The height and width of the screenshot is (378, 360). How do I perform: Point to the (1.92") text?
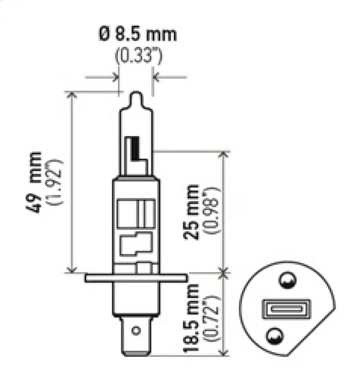[x=58, y=182]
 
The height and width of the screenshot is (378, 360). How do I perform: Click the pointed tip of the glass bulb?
[x=136, y=95]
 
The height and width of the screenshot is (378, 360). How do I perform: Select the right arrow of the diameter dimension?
[x=157, y=77]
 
